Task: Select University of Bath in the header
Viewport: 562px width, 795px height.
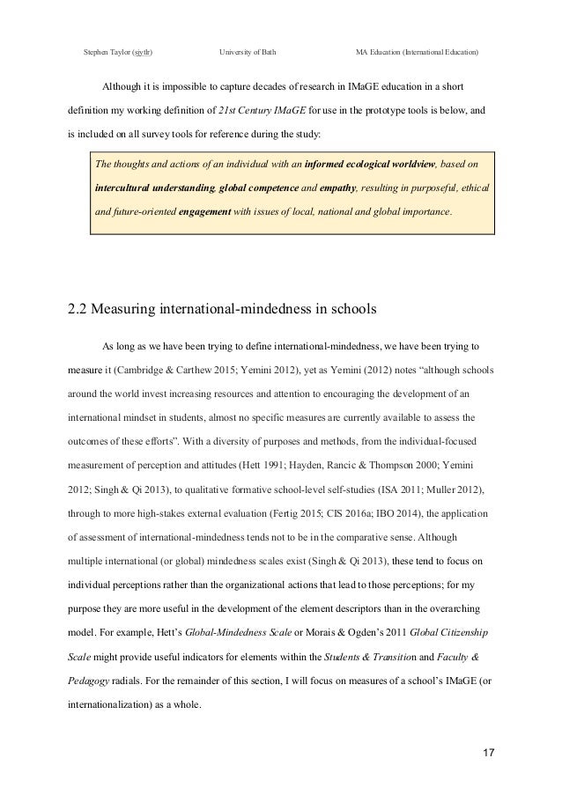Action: [248, 53]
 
